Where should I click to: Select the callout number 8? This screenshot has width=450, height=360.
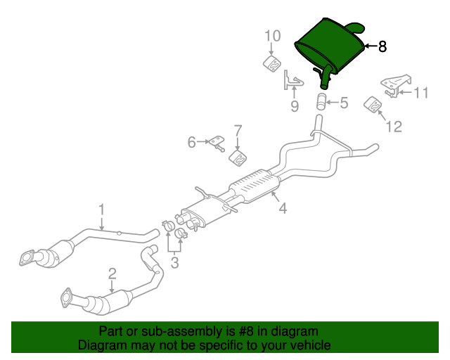click(x=382, y=47)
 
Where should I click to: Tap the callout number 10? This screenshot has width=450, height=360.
click(x=273, y=36)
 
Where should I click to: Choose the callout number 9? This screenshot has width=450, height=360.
click(x=295, y=106)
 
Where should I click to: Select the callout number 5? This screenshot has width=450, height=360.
click(x=344, y=103)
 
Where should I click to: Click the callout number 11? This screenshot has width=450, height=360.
click(x=420, y=92)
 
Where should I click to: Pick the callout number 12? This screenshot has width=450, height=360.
click(x=393, y=127)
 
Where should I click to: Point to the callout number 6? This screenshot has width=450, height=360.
click(x=191, y=143)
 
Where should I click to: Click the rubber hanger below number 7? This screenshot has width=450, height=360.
click(x=238, y=158)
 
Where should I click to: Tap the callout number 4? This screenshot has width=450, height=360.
click(x=282, y=209)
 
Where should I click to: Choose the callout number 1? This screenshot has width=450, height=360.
click(x=101, y=210)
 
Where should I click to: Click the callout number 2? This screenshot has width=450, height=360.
click(x=112, y=273)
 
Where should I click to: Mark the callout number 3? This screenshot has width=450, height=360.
click(x=174, y=263)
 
